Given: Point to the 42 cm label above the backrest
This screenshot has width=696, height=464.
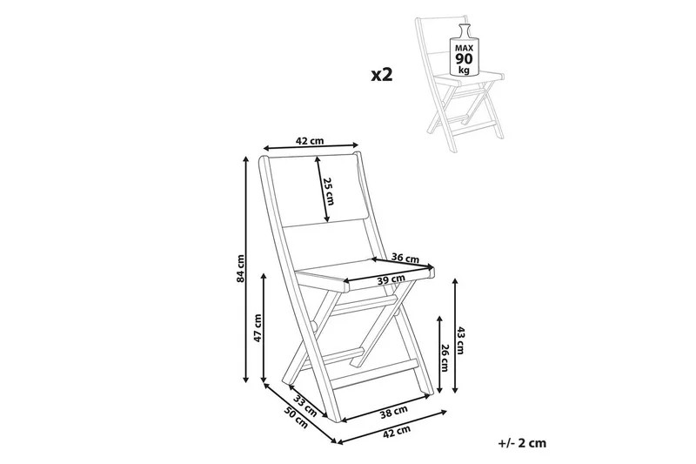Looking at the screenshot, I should click(310, 140).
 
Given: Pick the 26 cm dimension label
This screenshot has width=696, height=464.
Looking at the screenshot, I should click(445, 358).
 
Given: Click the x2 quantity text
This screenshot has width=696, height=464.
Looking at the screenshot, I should click(382, 75).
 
